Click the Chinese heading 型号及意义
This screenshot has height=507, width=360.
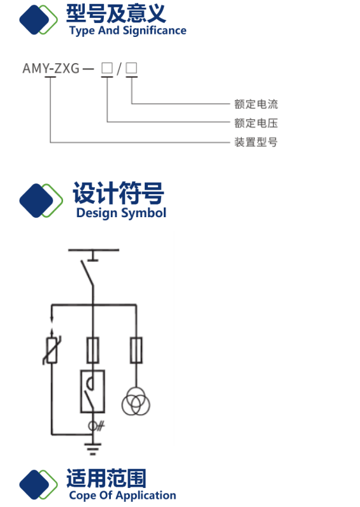(x=116, y=13)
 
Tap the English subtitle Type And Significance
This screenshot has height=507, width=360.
(x=128, y=31)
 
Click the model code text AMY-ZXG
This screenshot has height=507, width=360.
(x=51, y=68)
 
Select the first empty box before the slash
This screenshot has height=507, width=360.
(x=107, y=68)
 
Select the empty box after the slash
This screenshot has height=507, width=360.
(x=131, y=68)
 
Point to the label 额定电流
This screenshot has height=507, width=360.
(x=256, y=104)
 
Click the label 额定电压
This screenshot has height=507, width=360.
(x=256, y=123)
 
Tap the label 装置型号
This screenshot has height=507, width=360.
(x=256, y=141)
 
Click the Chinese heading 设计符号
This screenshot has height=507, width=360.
(x=119, y=193)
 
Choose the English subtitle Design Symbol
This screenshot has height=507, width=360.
(x=121, y=213)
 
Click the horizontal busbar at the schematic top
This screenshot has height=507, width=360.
(x=94, y=250)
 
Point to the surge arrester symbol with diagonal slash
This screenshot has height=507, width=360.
(x=52, y=350)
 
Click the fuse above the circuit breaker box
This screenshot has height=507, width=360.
(x=93, y=350)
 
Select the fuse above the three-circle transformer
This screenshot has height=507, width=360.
(x=136, y=350)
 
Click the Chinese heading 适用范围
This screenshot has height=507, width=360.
(x=106, y=478)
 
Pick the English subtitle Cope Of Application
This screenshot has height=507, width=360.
(x=122, y=496)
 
